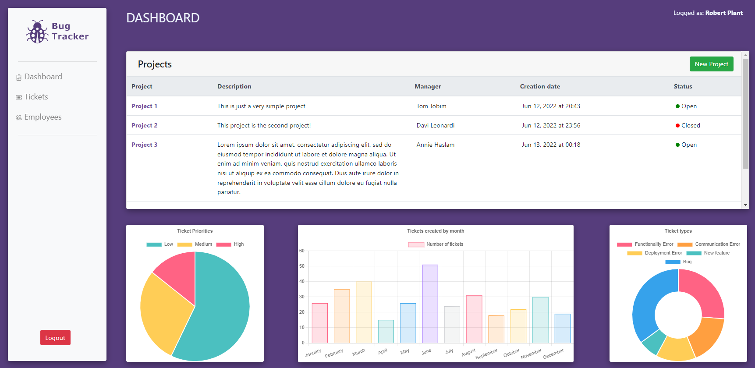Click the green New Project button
point(711,64)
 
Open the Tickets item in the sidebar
point(35,97)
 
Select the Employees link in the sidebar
point(43,117)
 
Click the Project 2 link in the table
point(144,125)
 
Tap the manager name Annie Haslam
point(435,145)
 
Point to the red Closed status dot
point(677,126)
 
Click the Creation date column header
point(539,86)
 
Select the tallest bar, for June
point(430,304)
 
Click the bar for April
point(386,332)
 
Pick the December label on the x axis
point(553,353)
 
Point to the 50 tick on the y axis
point(302,266)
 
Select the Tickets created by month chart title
point(436,231)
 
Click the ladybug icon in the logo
point(37,32)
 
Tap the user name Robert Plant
point(724,13)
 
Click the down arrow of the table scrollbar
point(745,205)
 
